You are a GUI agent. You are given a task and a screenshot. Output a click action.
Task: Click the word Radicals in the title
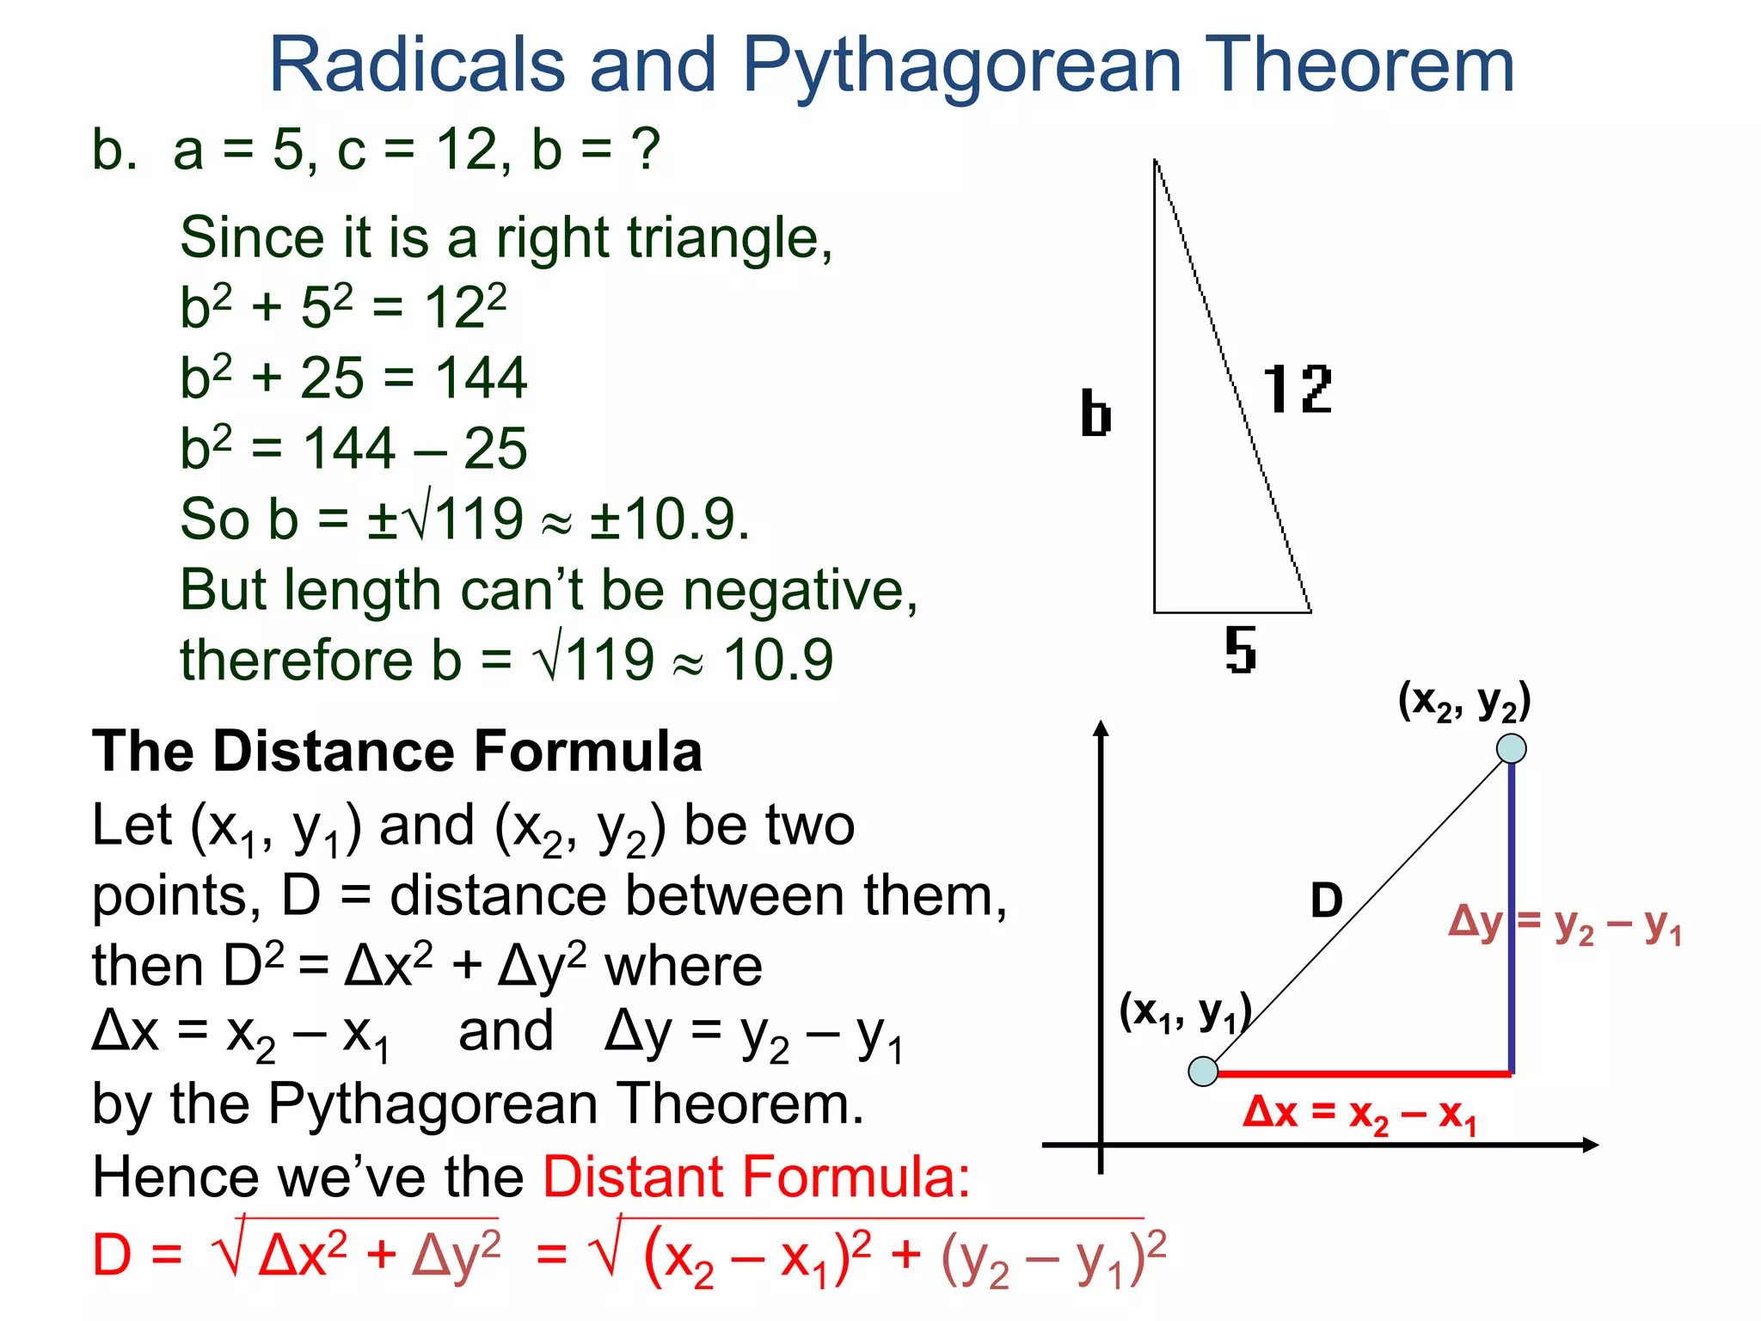pos(417,65)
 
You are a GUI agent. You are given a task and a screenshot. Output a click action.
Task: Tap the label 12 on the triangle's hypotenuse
pos(1297,390)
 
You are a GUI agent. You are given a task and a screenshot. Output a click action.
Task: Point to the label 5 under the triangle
pos(1240,650)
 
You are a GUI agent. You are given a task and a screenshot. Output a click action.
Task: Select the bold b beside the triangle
pos(1095,414)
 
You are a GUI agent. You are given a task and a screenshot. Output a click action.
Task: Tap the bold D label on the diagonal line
pos(1326,900)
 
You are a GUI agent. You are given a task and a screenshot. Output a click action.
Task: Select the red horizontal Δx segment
pos(1363,1073)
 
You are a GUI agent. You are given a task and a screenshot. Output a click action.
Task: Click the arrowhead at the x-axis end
pos(1591,1145)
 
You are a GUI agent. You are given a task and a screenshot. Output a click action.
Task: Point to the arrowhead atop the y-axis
pos(1101,728)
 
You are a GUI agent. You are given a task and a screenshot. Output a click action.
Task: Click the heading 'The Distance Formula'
pos(397,751)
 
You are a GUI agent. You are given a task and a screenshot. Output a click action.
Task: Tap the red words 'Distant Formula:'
pos(757,1177)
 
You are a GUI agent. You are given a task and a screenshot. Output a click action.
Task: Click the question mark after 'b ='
pos(645,150)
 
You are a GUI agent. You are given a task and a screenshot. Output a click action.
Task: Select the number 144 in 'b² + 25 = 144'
pos(481,378)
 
